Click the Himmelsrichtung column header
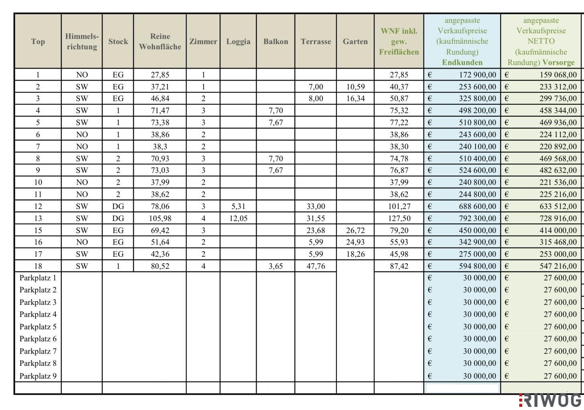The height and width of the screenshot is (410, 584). coord(81,41)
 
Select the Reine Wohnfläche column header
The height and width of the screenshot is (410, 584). coord(160,41)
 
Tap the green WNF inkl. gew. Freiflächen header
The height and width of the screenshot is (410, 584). coord(399,41)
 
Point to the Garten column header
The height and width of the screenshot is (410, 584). coord(355,41)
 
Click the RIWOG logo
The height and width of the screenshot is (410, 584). coord(551,400)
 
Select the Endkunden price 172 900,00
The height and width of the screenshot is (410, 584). coord(477,75)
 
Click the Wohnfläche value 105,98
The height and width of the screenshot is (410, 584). coord(160,218)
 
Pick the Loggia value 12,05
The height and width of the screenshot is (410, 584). coord(238,218)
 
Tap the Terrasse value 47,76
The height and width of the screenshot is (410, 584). coord(315,266)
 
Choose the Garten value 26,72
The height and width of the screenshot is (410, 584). coord(355,230)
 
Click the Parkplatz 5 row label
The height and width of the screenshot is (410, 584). coord(38,327)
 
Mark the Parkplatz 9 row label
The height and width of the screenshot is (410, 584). coord(38,376)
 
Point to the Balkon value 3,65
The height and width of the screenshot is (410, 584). coord(276,266)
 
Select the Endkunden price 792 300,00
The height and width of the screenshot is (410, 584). coord(477,218)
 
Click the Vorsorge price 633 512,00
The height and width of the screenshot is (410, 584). coord(558,206)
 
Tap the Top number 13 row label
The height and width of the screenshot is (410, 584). coord(38,218)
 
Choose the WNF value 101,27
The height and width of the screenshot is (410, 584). coord(399,206)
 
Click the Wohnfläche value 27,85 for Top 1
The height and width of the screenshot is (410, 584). coord(160,75)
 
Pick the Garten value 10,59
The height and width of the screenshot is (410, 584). coord(355,87)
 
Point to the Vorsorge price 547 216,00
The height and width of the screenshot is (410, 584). coord(558,266)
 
